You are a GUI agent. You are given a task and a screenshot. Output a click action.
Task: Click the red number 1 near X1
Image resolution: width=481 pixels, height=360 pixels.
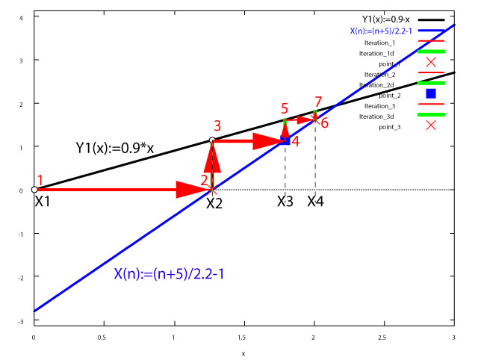[41, 180]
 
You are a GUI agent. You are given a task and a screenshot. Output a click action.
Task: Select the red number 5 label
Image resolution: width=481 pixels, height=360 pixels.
[285, 109]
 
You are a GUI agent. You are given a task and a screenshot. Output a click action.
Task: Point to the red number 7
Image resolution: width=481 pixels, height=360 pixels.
[319, 101]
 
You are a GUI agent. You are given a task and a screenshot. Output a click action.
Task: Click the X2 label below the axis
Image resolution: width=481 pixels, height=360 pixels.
[215, 203]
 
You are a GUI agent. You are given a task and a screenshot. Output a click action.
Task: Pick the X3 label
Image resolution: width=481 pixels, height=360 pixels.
[285, 202]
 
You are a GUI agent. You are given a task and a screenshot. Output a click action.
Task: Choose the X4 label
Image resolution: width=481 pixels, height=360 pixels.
[316, 202]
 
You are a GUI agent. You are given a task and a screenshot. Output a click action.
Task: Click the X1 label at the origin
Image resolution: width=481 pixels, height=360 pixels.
[43, 201]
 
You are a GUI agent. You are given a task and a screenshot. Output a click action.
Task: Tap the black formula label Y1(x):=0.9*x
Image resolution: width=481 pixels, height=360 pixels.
[115, 147]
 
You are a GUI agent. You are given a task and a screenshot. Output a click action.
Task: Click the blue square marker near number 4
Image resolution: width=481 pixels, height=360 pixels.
[285, 140]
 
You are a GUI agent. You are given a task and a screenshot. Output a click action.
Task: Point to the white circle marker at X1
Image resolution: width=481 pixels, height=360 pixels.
[34, 190]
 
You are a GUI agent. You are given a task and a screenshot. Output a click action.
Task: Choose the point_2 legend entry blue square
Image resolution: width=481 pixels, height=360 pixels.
[431, 93]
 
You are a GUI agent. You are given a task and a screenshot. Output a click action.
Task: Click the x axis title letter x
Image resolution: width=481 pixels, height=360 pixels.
[243, 352]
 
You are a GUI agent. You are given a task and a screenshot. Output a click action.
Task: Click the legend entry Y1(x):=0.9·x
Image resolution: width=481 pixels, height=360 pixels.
[388, 19]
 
